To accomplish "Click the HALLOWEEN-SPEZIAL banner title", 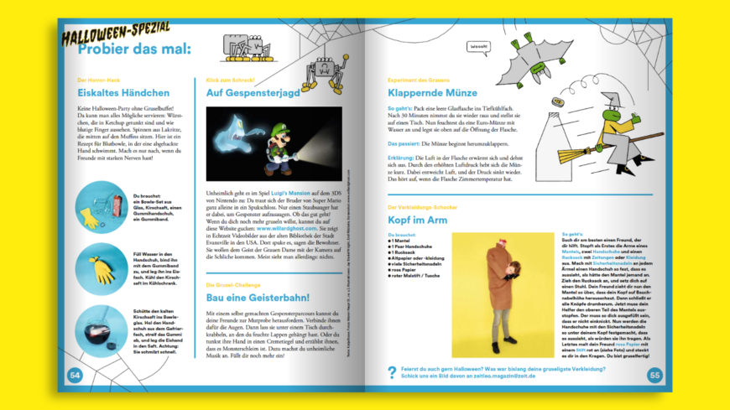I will pos(117,30).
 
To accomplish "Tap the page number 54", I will pos(75,375).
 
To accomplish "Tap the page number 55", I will pos(655,375).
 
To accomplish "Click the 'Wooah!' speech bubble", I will pos(478,45).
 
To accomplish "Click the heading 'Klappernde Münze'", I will pos(435,93).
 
